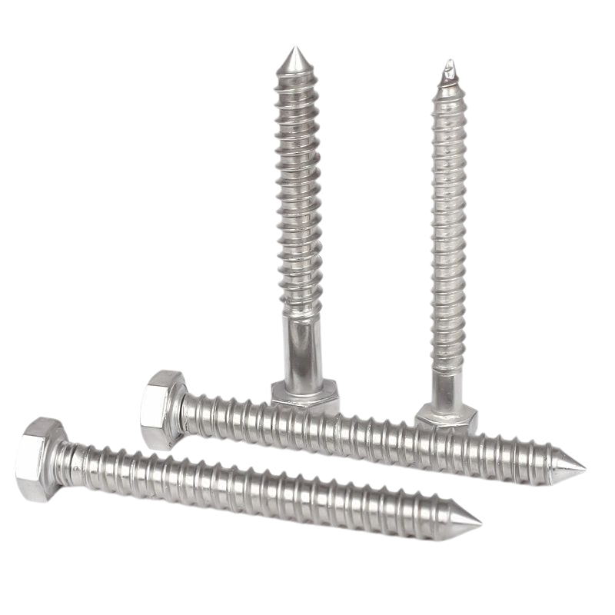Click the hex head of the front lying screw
click(x=38, y=459)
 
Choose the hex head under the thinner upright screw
click(x=446, y=417)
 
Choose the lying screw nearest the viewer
click(x=231, y=484)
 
